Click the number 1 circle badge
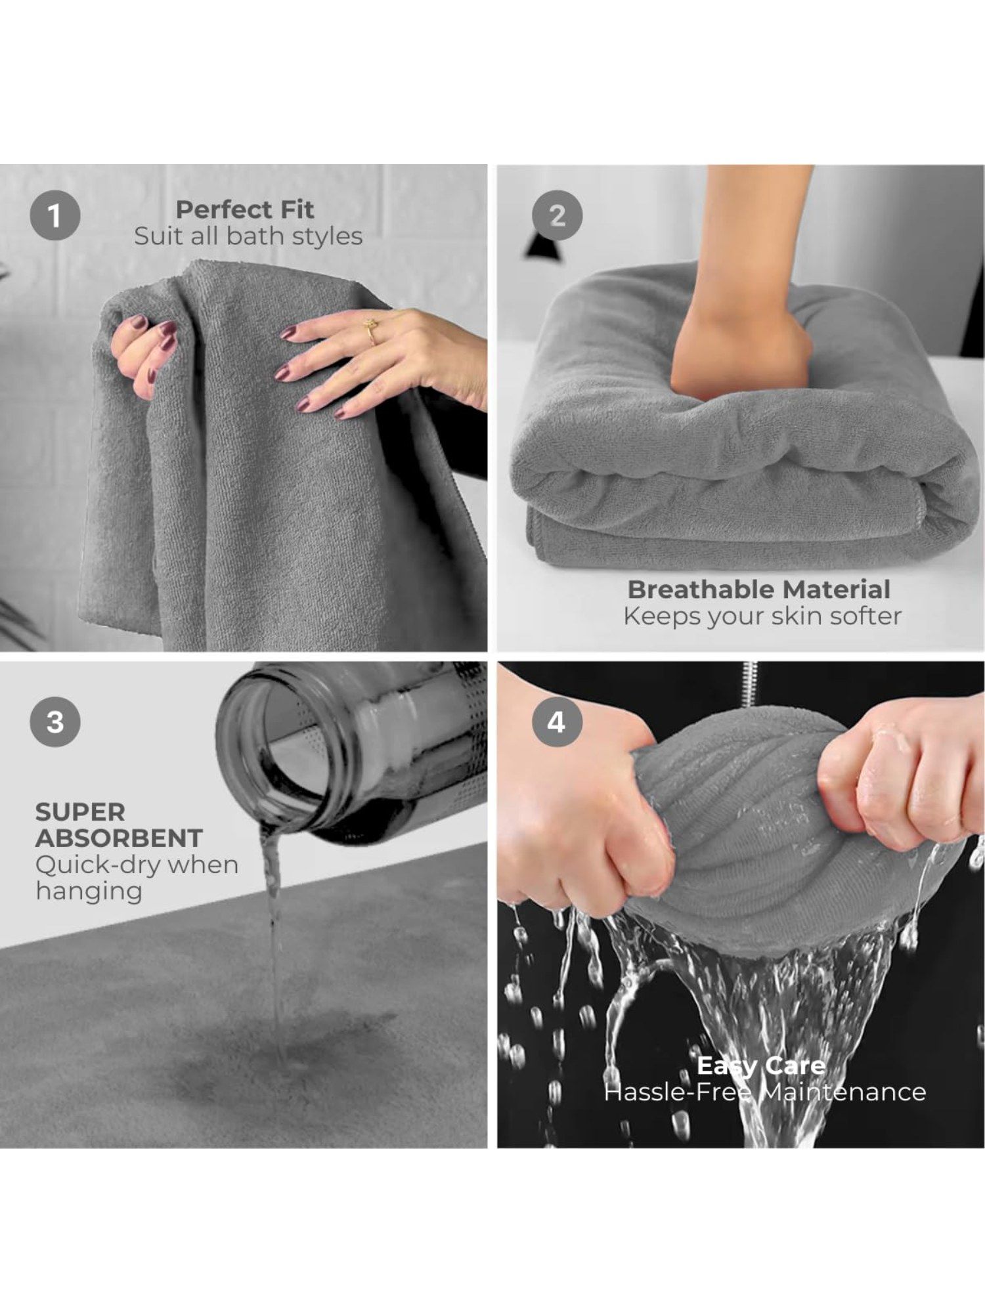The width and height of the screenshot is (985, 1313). pyautogui.click(x=55, y=215)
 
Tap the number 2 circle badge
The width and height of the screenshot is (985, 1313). pyautogui.click(x=557, y=215)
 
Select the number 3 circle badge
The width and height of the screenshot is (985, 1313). pyautogui.click(x=55, y=721)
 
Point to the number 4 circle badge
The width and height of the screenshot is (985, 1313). pyautogui.click(x=557, y=721)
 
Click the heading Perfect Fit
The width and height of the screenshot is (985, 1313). pyautogui.click(x=245, y=209)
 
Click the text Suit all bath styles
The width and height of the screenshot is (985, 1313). pyautogui.click(x=248, y=236)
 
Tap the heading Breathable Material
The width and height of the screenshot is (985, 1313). pyautogui.click(x=759, y=589)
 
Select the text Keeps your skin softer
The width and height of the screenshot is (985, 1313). pyautogui.click(x=762, y=616)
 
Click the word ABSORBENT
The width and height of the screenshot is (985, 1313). pyautogui.click(x=119, y=838)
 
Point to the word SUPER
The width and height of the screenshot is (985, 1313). pyautogui.click(x=80, y=811)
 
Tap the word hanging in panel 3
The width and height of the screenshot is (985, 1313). pyautogui.click(x=89, y=892)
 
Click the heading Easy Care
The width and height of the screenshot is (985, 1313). pyautogui.click(x=761, y=1065)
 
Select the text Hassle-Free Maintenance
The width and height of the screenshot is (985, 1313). pyautogui.click(x=765, y=1092)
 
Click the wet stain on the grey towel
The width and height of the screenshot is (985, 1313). pyautogui.click(x=289, y=1050)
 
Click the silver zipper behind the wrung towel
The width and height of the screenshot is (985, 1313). pyautogui.click(x=749, y=683)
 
